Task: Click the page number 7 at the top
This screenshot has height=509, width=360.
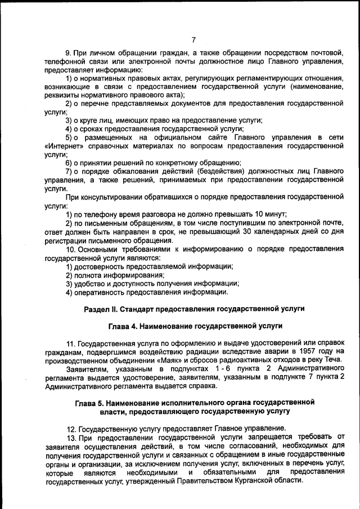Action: pyautogui.click(x=193, y=39)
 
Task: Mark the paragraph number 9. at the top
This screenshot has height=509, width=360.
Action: pyautogui.click(x=69, y=53)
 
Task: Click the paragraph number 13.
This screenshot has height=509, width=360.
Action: pyautogui.click(x=71, y=437)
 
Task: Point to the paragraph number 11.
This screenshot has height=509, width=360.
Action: pyautogui.click(x=71, y=343)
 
